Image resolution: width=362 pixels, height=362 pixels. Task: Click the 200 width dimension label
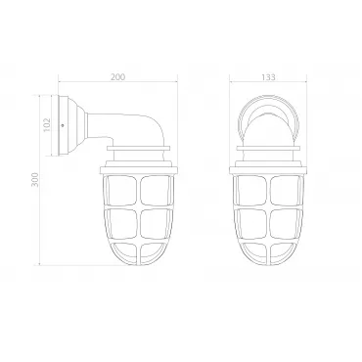[x=117, y=77]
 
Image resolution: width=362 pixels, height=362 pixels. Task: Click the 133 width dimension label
[x=268, y=77]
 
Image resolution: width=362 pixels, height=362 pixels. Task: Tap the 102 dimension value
[x=47, y=124]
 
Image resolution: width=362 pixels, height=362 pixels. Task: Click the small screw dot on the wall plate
[x=63, y=125]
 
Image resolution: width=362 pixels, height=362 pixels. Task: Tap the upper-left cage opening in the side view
[x=122, y=191]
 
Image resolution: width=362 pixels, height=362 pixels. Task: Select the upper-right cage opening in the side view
[x=156, y=191]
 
